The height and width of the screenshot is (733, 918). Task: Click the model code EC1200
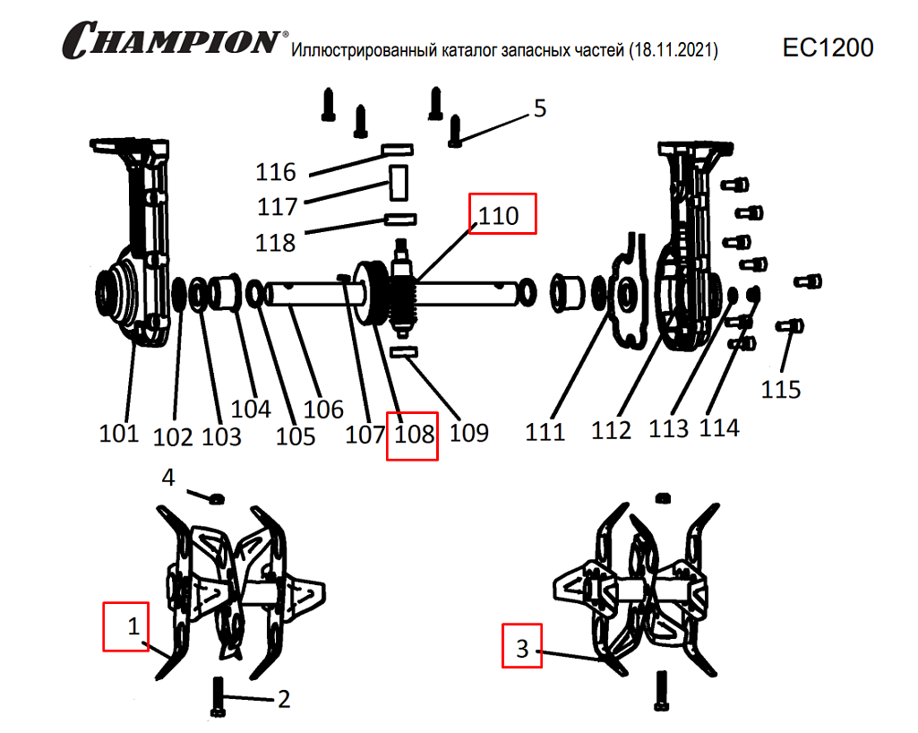(x=828, y=47)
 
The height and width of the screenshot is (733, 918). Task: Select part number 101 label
(x=119, y=434)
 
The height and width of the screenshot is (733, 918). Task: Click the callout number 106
(x=323, y=410)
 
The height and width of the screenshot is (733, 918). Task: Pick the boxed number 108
(x=412, y=435)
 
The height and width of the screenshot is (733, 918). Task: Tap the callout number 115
(x=781, y=390)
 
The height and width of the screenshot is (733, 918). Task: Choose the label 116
(x=276, y=171)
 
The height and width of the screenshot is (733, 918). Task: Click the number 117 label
(x=278, y=207)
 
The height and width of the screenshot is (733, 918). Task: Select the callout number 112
(x=612, y=431)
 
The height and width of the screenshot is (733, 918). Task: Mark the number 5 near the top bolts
(x=539, y=109)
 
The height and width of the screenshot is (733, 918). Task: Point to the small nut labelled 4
(x=217, y=497)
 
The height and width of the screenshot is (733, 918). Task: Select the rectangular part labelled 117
(x=398, y=181)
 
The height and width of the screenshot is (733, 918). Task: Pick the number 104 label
(x=251, y=410)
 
